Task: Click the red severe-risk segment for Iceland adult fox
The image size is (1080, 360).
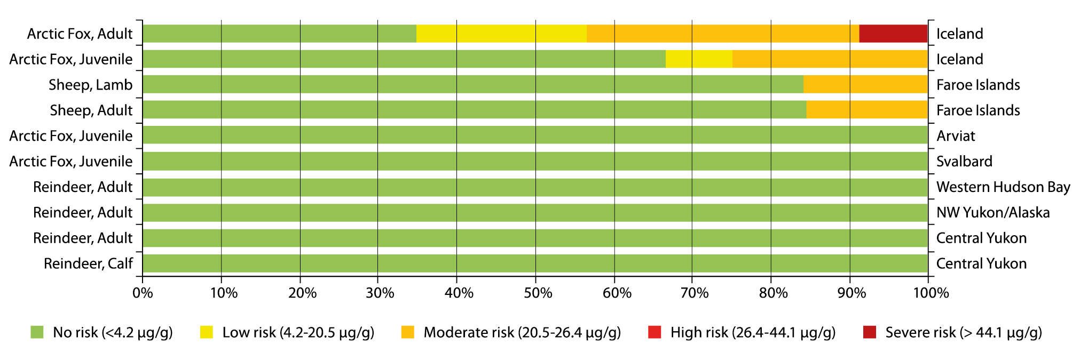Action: pos(893,34)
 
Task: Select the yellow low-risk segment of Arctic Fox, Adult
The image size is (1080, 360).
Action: pos(501,34)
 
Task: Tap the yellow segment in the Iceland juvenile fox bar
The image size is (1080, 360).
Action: pos(699,59)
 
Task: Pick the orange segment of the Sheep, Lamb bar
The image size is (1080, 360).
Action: pos(865,84)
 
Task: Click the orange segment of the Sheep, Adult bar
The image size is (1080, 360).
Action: pos(867,110)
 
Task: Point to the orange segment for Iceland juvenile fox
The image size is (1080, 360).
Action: pos(830,59)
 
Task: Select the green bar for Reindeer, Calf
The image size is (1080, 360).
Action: pos(535,263)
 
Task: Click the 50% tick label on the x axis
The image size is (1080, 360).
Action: pos(538,293)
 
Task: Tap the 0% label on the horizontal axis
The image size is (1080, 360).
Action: pos(143,293)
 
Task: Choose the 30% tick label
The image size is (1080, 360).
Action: pos(380,293)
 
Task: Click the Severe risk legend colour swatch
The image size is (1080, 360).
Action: pos(870,332)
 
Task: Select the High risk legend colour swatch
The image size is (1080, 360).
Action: pos(655,332)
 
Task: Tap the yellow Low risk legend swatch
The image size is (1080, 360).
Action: pos(207,332)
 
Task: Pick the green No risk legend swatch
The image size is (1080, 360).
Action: pos(37,332)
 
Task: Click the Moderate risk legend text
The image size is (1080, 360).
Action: pos(522,333)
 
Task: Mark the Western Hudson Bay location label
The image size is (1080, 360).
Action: pos(1003,187)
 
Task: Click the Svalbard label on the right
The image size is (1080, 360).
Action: pos(964,161)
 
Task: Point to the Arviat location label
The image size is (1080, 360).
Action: pos(956,136)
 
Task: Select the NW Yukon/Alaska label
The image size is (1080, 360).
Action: pos(993,212)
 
